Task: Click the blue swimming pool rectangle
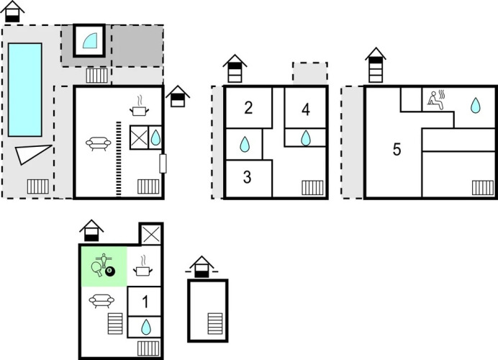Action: [x=25, y=89]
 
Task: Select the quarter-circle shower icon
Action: [x=90, y=41]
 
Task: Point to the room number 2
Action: [x=248, y=109]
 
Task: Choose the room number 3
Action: [x=247, y=178]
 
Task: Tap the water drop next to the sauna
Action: [x=475, y=106]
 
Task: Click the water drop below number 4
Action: [x=305, y=138]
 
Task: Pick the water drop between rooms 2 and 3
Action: [x=245, y=145]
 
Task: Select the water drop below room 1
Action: [x=145, y=328]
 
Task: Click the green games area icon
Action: [x=103, y=266]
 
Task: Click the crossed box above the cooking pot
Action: [x=151, y=234]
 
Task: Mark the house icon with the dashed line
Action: [x=203, y=267]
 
